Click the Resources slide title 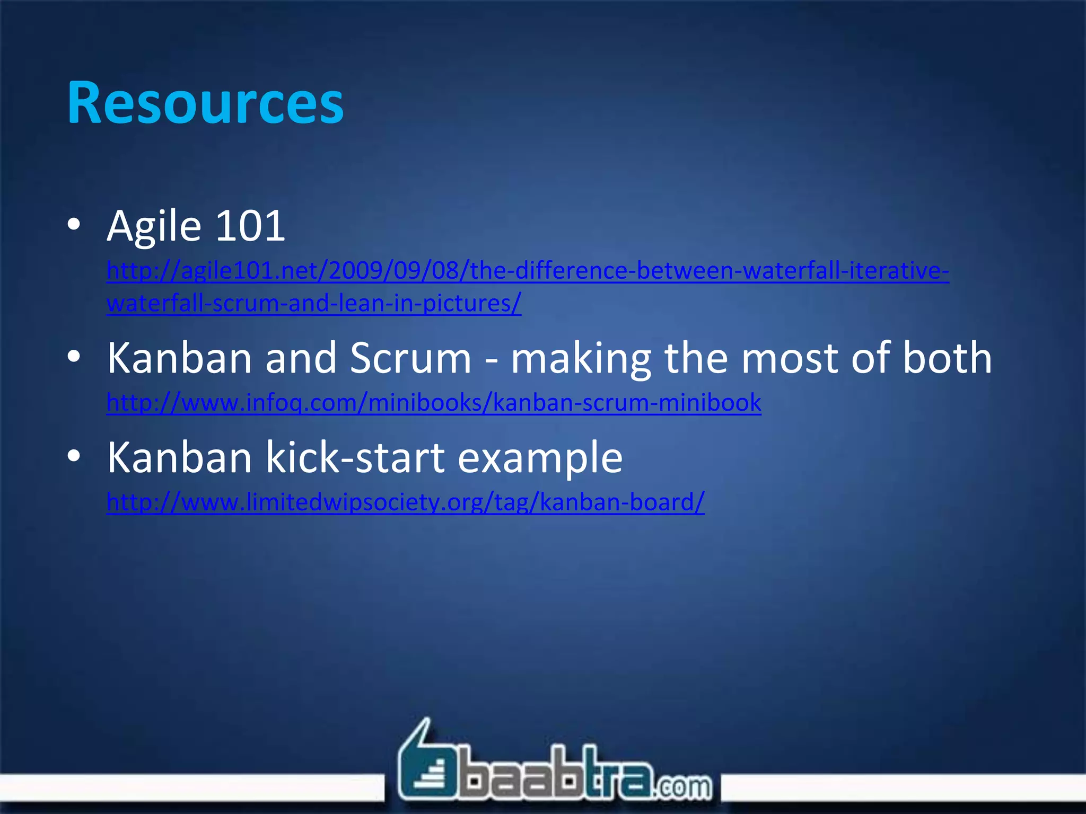(x=205, y=103)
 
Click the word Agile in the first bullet (x=154, y=227)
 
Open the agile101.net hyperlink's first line (x=527, y=271)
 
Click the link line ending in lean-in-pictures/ (x=313, y=304)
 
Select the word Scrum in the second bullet (x=410, y=358)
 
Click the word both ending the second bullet (x=947, y=358)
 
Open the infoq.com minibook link (x=433, y=403)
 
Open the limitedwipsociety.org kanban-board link (x=405, y=502)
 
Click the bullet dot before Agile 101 (x=74, y=225)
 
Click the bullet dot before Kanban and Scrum (x=74, y=357)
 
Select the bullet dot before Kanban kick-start (x=74, y=456)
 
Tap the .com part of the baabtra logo (x=684, y=785)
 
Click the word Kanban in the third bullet (x=179, y=457)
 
